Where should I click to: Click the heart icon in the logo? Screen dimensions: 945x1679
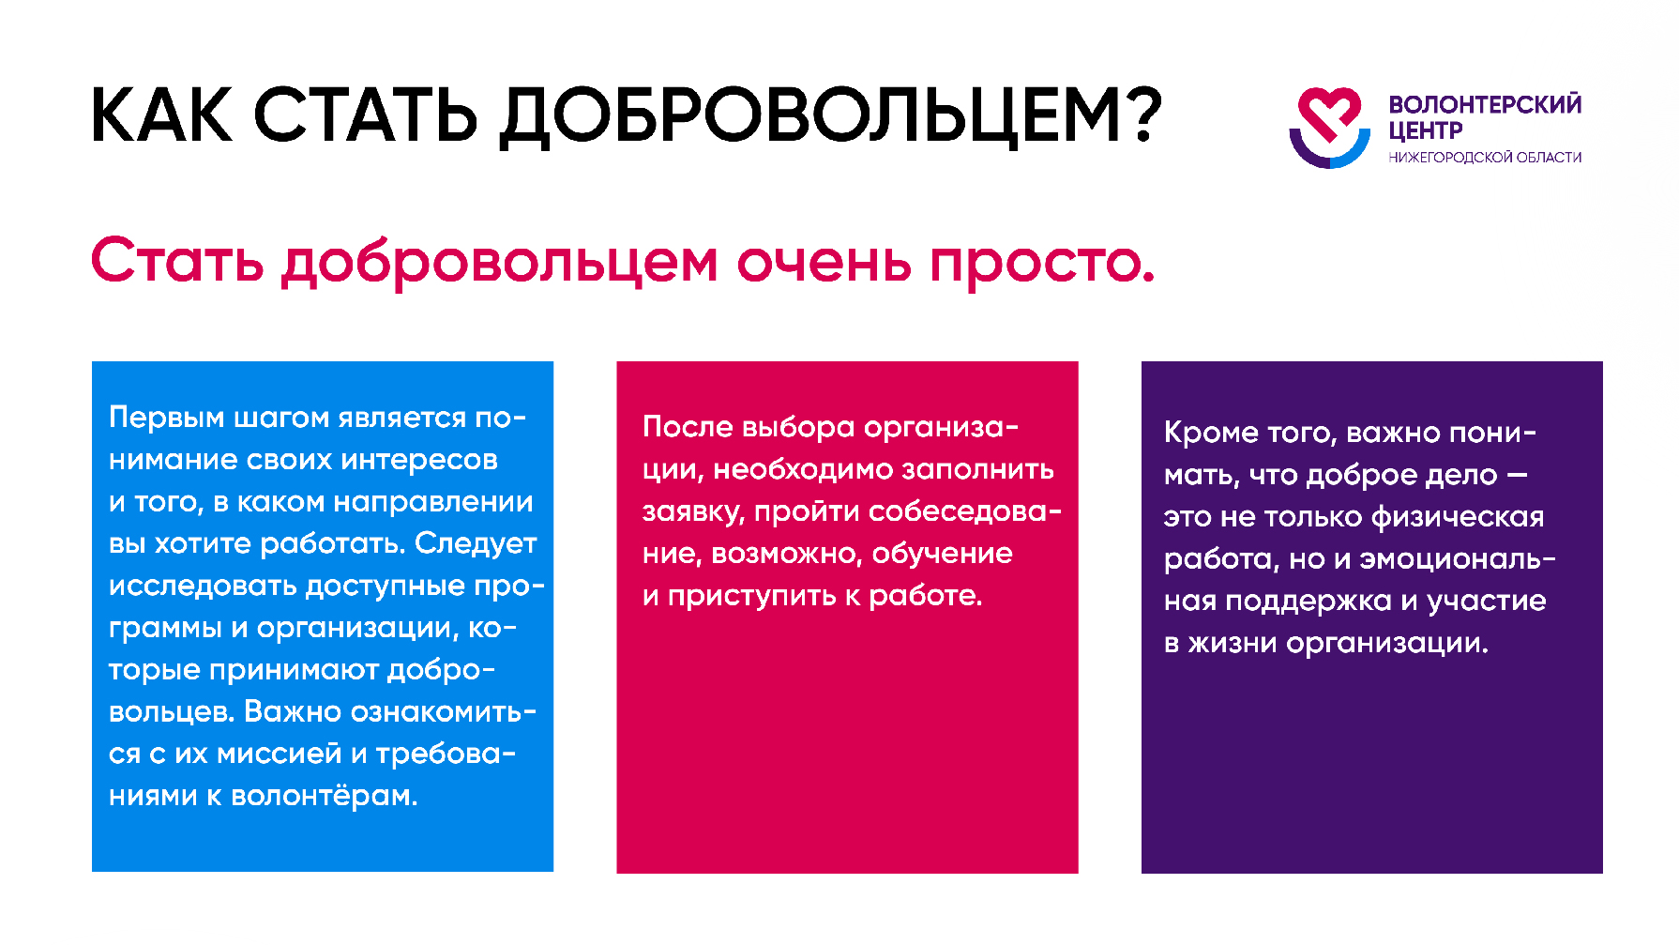point(1328,127)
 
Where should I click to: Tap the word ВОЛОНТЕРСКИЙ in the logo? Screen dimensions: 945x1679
point(1485,104)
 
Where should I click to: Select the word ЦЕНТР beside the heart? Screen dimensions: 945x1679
point(1425,130)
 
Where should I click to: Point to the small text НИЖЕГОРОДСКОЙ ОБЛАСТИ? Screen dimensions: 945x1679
point(1485,158)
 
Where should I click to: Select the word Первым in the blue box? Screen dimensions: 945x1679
point(166,417)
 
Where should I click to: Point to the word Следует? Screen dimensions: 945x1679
point(476,543)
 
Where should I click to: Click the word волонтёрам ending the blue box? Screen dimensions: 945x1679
point(324,796)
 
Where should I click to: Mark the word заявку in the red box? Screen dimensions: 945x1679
point(692,512)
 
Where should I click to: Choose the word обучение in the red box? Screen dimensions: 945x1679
point(942,554)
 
